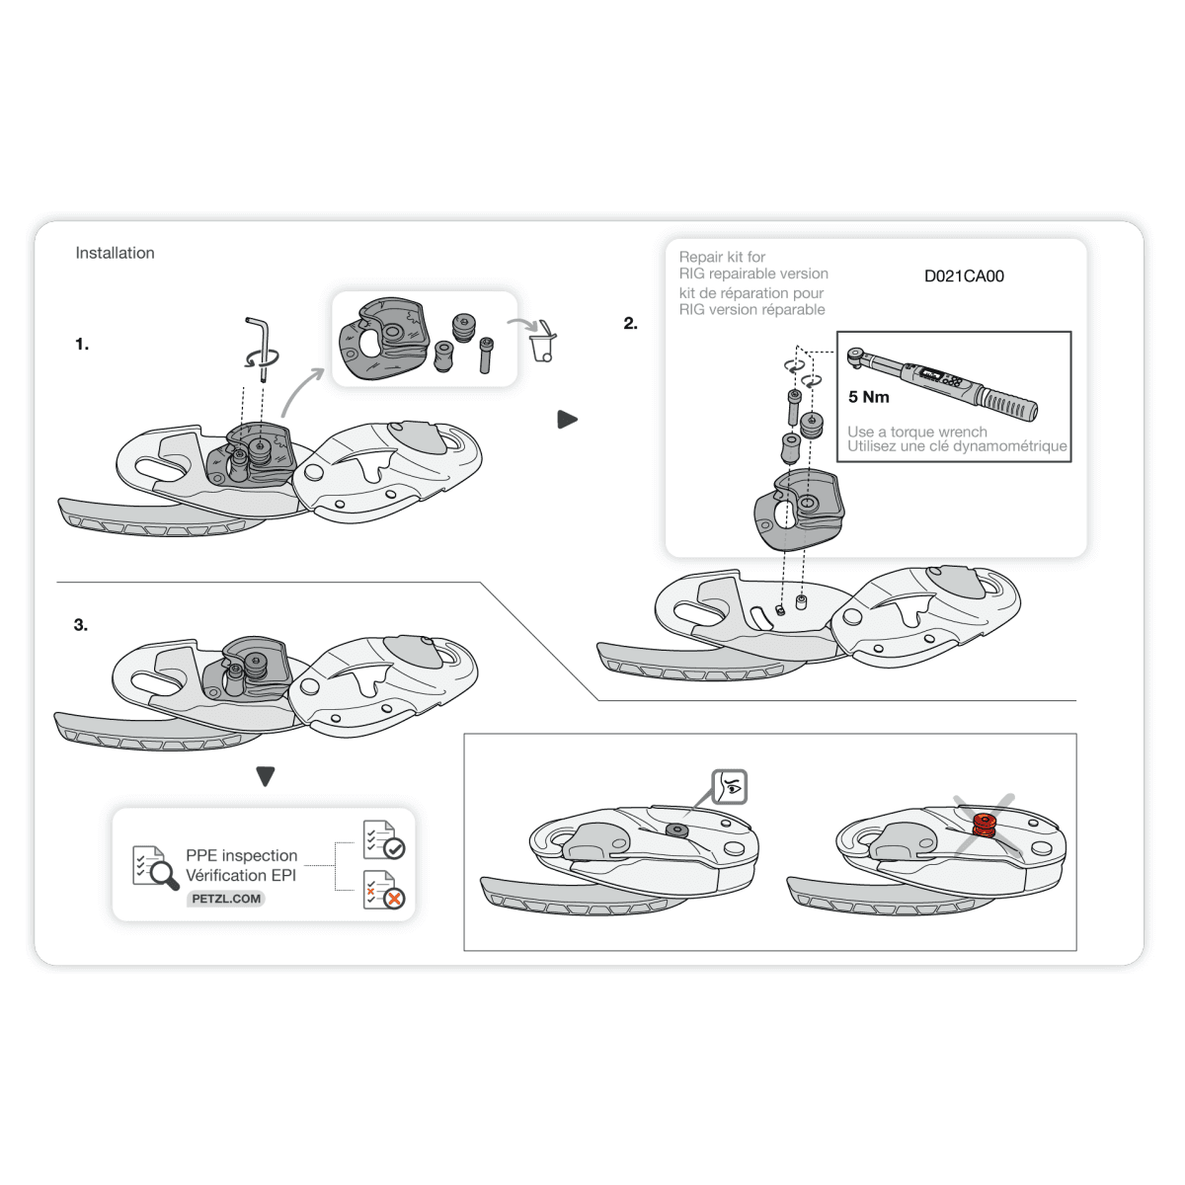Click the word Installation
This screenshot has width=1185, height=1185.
[115, 253]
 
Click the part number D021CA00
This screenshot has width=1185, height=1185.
[964, 276]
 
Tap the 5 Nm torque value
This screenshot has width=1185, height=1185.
[868, 397]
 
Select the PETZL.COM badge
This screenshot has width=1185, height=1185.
[226, 899]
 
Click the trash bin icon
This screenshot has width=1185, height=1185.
[543, 342]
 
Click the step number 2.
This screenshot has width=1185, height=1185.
[630, 324]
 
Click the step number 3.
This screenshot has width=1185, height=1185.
[81, 625]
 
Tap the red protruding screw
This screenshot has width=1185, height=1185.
[985, 826]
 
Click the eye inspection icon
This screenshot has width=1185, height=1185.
[730, 786]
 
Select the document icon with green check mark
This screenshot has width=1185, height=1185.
[384, 839]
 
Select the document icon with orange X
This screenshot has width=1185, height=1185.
[384, 890]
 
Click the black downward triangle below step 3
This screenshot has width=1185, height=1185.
[265, 776]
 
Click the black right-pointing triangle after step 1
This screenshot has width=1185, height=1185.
[567, 420]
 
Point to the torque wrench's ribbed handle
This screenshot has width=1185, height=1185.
[1008, 403]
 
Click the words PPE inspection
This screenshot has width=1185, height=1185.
[242, 855]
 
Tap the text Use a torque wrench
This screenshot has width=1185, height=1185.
[916, 432]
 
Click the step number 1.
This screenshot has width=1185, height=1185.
[82, 344]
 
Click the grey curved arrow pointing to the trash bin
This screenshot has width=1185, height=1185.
[522, 324]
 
